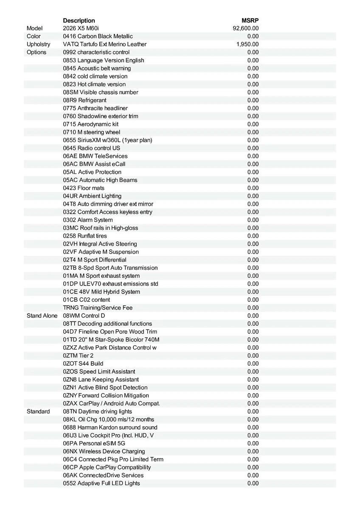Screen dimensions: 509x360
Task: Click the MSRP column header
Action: pyautogui.click(x=250, y=20)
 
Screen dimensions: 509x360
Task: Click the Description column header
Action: pyautogui.click(x=79, y=20)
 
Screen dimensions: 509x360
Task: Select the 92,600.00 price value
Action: pyautogui.click(x=246, y=28)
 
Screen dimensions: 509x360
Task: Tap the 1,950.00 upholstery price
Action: pyautogui.click(x=247, y=44)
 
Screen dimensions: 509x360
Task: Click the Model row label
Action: pyautogui.click(x=35, y=28)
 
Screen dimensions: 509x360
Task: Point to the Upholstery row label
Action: pyautogui.click(x=38, y=44)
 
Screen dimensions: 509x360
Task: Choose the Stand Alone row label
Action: pyautogui.click(x=42, y=316)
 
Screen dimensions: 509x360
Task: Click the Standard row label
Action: pyautogui.click(x=38, y=411)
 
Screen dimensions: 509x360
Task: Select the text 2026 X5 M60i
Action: pyautogui.click(x=81, y=28)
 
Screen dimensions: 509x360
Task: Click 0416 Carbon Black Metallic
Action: pyautogui.click(x=98, y=36)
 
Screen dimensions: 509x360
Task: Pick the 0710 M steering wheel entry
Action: pyautogui.click(x=92, y=132)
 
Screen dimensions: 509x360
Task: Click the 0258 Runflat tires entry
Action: pyautogui.click(x=85, y=236)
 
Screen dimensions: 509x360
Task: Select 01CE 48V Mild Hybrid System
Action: pyautogui.click(x=101, y=292)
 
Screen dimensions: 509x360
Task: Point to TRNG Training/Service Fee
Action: pyautogui.click(x=98, y=308)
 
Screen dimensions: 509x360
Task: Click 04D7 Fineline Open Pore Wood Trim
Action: pyautogui.click(x=110, y=332)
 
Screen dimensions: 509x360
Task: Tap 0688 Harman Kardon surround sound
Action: pyautogui.click(x=110, y=427)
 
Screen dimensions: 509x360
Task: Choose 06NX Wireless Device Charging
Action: pyautogui.click(x=104, y=451)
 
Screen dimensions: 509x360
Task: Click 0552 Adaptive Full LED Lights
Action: pyautogui.click(x=101, y=483)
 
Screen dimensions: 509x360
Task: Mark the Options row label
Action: pyautogui.click(x=37, y=52)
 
